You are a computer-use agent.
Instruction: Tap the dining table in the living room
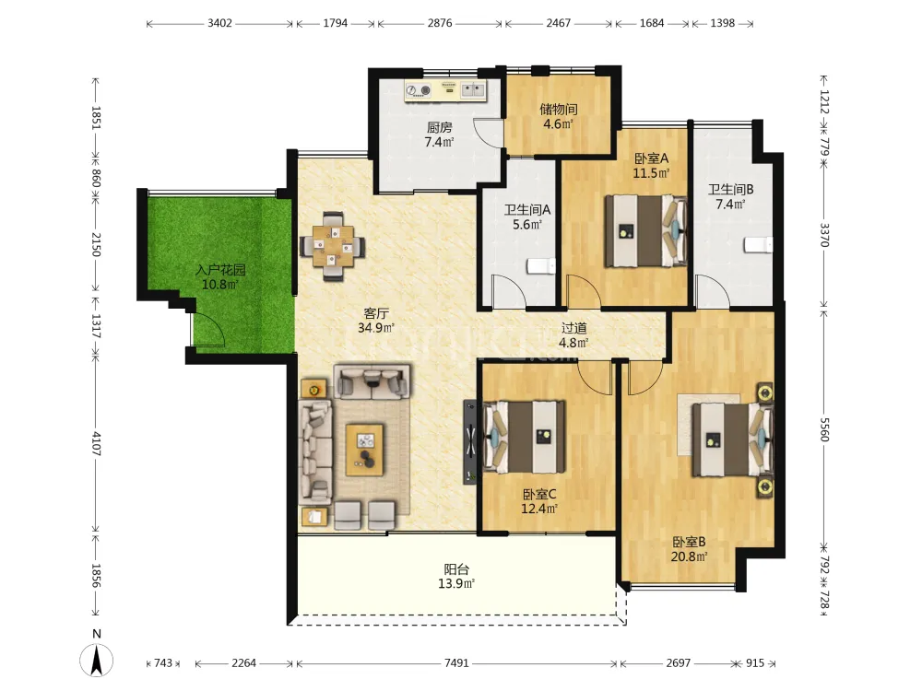point(333,246)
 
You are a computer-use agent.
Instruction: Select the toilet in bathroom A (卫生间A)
point(541,266)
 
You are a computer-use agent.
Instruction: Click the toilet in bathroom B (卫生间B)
point(758,245)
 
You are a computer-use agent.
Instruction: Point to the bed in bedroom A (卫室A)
point(645,231)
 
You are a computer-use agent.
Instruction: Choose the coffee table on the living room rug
point(364,450)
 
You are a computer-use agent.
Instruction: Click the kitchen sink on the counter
point(472,90)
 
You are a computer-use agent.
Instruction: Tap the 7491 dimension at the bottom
point(456,663)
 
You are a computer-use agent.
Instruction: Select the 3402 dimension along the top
point(219,24)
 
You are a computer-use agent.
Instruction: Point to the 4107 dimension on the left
point(96,444)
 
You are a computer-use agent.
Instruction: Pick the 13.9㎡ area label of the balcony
point(456,583)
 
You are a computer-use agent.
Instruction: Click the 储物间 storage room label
point(559,110)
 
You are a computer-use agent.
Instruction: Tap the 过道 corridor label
point(573,329)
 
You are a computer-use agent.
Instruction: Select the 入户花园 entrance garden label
point(220,270)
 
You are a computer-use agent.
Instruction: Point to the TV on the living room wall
point(469,442)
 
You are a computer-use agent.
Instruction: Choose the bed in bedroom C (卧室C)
point(524,437)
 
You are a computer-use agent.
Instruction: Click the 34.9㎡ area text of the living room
point(376,328)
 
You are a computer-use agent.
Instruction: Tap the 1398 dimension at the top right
point(723,24)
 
